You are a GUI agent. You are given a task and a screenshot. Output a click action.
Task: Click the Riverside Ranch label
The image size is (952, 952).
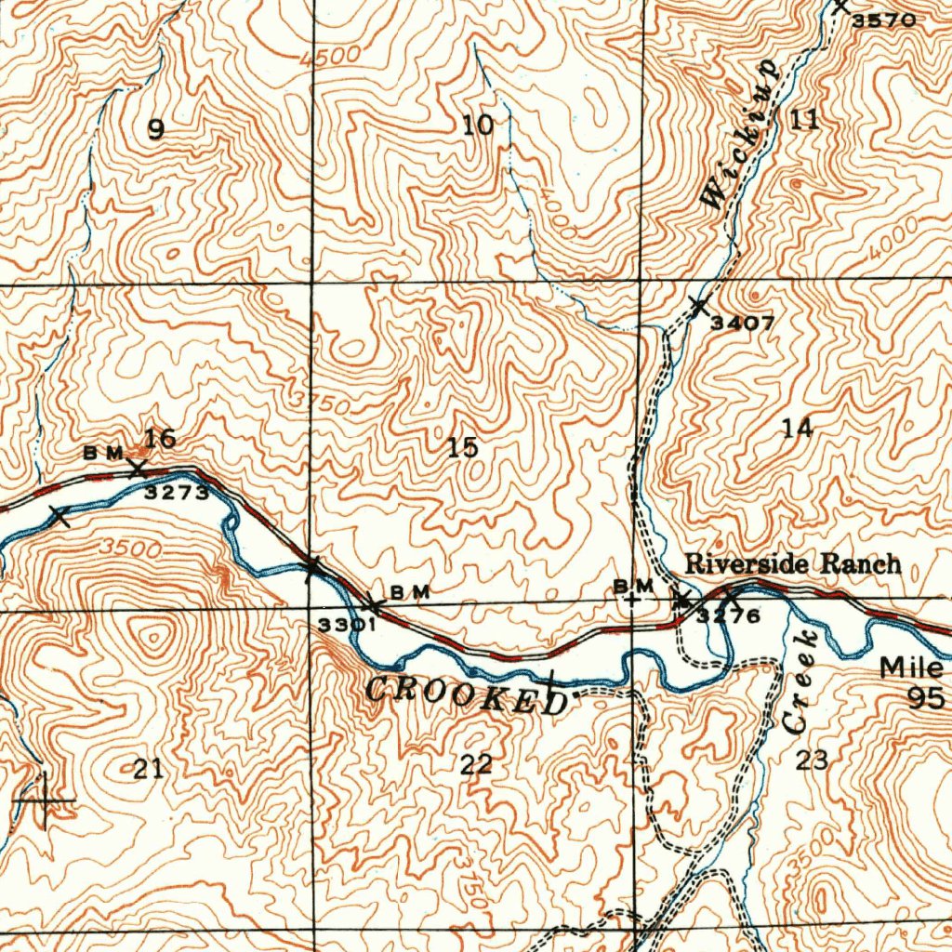pos(792,563)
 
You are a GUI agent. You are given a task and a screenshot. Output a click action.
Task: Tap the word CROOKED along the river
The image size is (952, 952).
pos(466,694)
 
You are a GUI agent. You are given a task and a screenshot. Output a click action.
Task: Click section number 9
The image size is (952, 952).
pos(156,130)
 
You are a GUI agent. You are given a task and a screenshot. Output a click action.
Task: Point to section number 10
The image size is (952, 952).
pos(479,125)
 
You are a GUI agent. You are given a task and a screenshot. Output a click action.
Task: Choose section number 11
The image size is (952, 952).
pos(804,119)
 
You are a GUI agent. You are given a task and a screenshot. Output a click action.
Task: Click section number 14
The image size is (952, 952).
pos(797,429)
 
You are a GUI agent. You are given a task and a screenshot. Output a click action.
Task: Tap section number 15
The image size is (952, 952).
pos(463,448)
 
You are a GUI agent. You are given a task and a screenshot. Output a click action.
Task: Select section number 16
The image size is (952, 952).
pos(160,437)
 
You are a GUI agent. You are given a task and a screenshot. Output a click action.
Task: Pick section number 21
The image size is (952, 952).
pos(148,768)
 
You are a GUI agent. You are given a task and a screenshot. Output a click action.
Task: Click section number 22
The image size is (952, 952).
pos(476,765)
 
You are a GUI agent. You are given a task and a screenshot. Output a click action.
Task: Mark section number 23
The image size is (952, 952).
pos(811,760)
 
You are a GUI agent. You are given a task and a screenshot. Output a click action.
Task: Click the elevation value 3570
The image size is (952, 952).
pos(884,20)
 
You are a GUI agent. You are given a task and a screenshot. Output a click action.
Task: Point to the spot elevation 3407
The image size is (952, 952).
pos(743,324)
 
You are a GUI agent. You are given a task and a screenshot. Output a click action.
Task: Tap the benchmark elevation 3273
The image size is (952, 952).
pos(177,494)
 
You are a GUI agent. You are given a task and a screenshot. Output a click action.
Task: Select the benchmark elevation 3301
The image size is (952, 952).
pos(346,626)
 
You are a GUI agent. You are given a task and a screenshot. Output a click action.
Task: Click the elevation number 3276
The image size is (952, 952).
pos(729,615)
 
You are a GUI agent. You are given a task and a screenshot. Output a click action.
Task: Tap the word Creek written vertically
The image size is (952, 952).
pos(798,681)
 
